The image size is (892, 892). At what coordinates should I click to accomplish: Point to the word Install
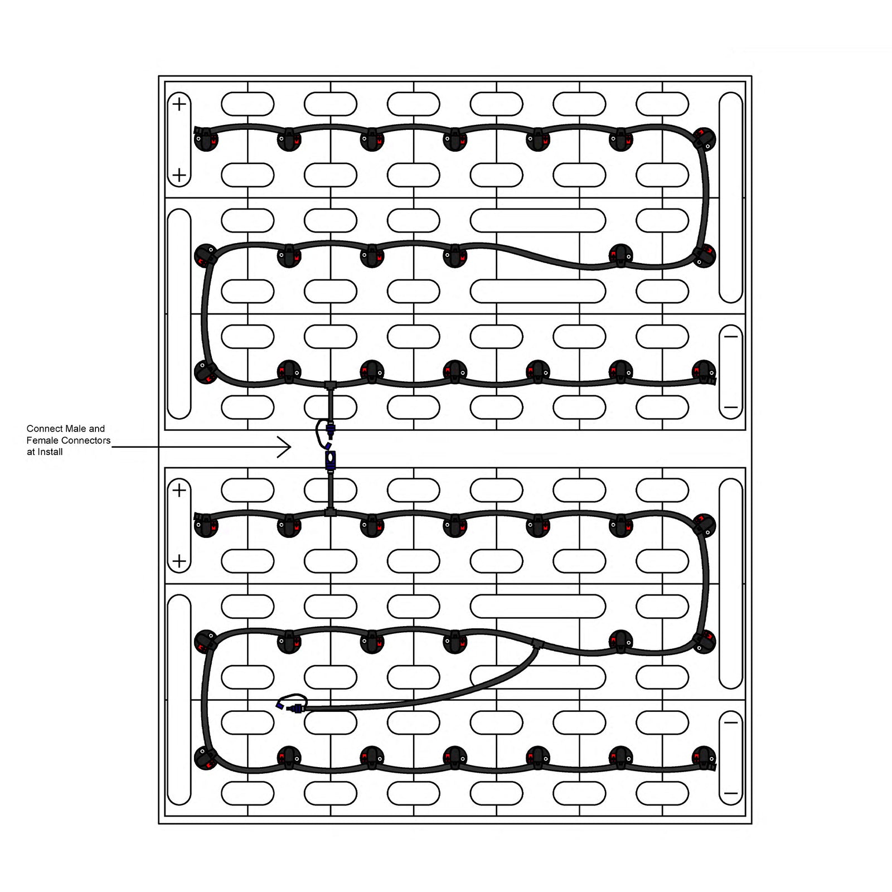[50, 452]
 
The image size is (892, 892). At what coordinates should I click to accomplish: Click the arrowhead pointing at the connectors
[285, 447]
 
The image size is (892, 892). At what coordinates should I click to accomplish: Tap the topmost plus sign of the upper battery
[179, 104]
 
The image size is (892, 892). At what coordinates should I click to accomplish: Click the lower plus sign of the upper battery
[179, 176]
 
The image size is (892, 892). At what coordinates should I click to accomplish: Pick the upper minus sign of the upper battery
[731, 336]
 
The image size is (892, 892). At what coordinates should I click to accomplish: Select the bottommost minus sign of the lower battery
[731, 793]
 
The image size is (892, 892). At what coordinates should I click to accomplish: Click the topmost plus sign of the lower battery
[179, 491]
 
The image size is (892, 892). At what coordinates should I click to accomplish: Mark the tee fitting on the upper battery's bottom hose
[331, 385]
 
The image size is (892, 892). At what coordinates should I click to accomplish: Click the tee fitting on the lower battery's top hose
[331, 511]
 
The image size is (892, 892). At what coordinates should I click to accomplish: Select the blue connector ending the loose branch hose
[298, 708]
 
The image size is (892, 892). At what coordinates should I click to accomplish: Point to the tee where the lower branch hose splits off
[537, 644]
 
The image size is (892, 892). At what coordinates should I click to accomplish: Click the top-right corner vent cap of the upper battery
[704, 139]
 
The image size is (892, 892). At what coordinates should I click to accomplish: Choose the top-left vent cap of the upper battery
[206, 139]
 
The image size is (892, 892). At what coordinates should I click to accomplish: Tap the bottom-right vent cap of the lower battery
[704, 758]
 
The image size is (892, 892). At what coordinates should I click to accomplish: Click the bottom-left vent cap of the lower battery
[206, 758]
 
